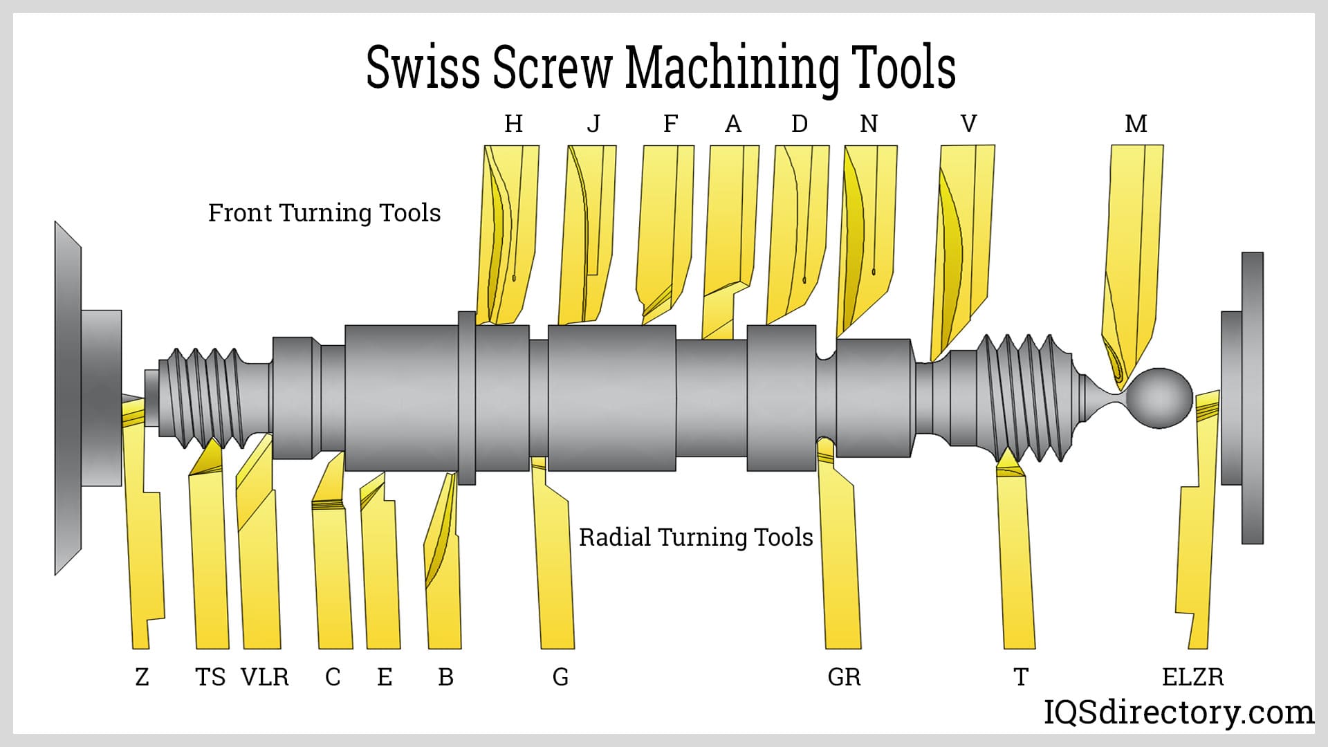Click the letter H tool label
[513, 124]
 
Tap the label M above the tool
[1136, 124]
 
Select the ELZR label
[1192, 676]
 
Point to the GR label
[844, 676]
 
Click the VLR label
[264, 676]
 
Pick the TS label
[210, 676]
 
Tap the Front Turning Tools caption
[324, 213]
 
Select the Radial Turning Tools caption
[695, 537]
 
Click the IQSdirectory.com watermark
[1178, 712]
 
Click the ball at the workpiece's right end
[1160, 398]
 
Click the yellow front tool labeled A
[730, 228]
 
